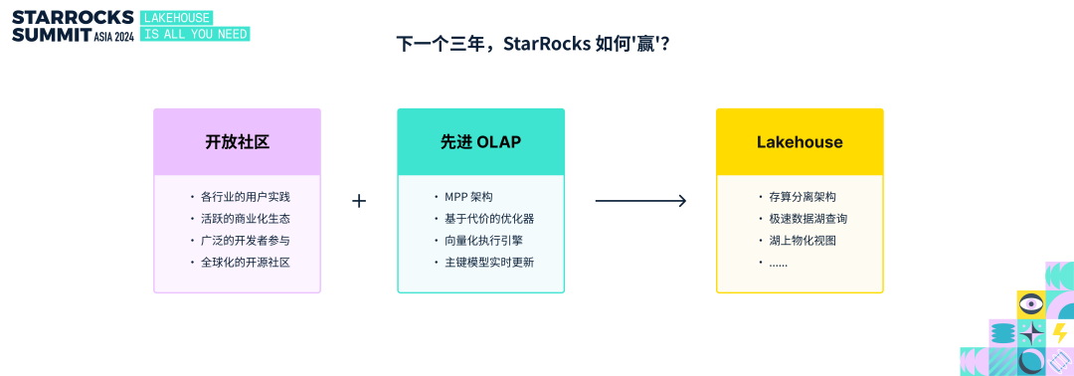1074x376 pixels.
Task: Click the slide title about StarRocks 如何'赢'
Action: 533,45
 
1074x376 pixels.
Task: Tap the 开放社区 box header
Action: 237,142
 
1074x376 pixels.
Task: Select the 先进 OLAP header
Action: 481,142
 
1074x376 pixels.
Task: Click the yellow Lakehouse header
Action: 800,142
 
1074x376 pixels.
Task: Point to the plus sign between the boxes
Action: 359,201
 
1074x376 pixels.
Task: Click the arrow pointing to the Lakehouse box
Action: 640,201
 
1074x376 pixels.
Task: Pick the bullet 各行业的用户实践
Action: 246,197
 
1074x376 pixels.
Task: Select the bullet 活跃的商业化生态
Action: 246,219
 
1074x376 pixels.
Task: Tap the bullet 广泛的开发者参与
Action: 246,241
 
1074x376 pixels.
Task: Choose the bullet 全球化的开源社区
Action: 246,263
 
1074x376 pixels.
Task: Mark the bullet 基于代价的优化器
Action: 489,219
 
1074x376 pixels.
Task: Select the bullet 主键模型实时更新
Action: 489,263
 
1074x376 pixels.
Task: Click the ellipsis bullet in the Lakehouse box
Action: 778,264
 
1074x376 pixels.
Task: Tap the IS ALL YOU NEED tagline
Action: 195,34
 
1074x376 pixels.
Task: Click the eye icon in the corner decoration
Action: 1030,303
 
